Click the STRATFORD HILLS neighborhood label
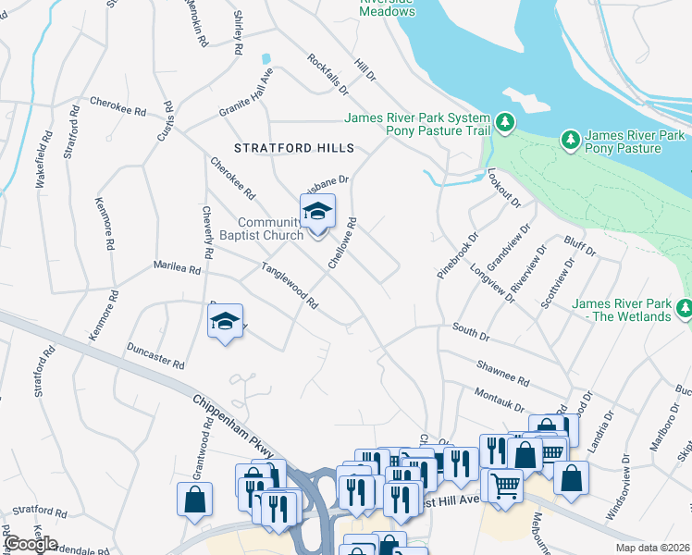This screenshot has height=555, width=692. pyautogui.click(x=294, y=148)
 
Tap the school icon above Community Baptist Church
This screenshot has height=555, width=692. pyautogui.click(x=317, y=213)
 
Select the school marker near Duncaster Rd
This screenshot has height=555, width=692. pyautogui.click(x=225, y=322)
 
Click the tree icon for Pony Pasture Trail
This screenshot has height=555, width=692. pyautogui.click(x=504, y=122)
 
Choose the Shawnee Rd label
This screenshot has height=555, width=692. pyautogui.click(x=502, y=374)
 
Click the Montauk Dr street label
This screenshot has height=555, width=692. pyautogui.click(x=499, y=401)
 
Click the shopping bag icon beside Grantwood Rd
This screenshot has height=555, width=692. pyautogui.click(x=195, y=499)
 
